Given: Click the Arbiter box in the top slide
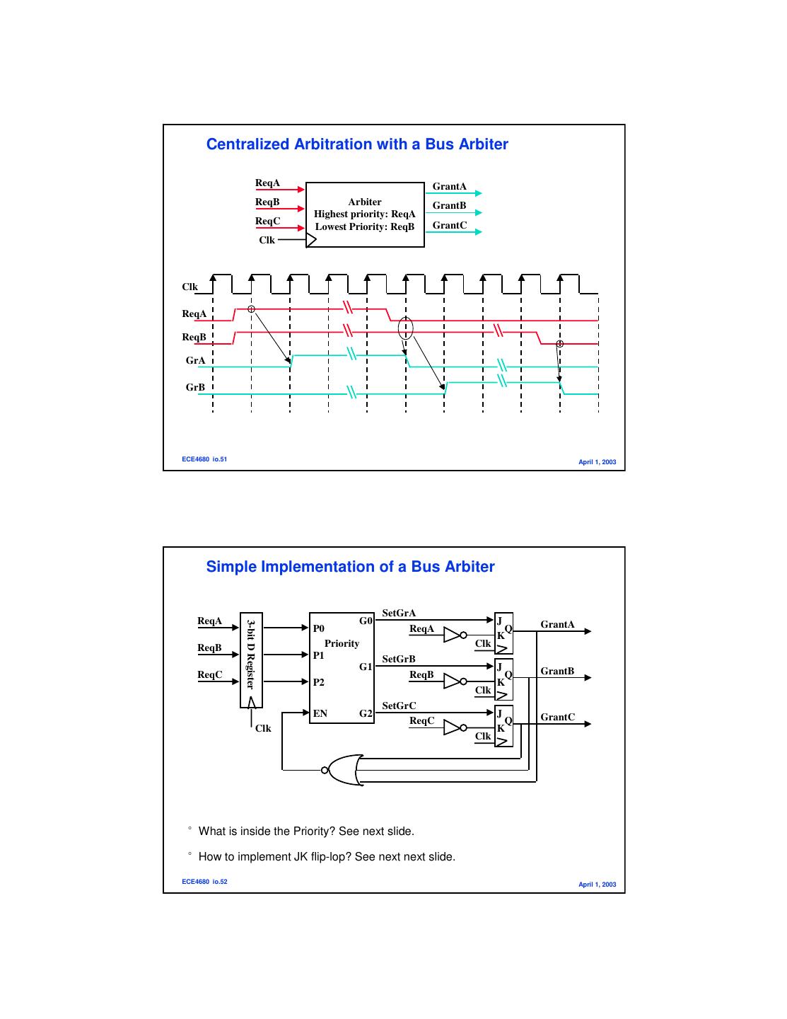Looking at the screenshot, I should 365,214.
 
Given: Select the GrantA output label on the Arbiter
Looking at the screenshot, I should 449,187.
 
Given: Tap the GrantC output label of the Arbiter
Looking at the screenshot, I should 450,226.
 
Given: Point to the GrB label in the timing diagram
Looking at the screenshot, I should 195,388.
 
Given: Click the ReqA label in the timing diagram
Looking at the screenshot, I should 194,314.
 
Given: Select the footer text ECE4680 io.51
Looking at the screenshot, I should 204,459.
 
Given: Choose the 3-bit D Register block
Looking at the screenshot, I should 251,660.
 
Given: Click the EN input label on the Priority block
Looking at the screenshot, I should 320,713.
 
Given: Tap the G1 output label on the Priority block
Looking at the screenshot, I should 366,667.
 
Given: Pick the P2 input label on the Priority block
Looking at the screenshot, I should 319,682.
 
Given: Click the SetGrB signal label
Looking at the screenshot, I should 399,660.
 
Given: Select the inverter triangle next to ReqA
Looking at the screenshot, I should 452,635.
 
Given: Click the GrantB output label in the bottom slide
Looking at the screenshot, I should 557,671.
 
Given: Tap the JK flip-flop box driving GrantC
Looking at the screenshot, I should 503,726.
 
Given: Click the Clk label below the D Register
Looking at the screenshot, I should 263,729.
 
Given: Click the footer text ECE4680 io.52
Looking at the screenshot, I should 204,882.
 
